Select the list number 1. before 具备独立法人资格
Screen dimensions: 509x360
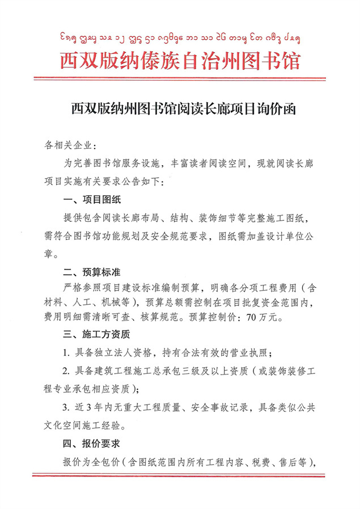click(x=66, y=352)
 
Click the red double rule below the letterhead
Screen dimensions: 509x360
click(x=180, y=78)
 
